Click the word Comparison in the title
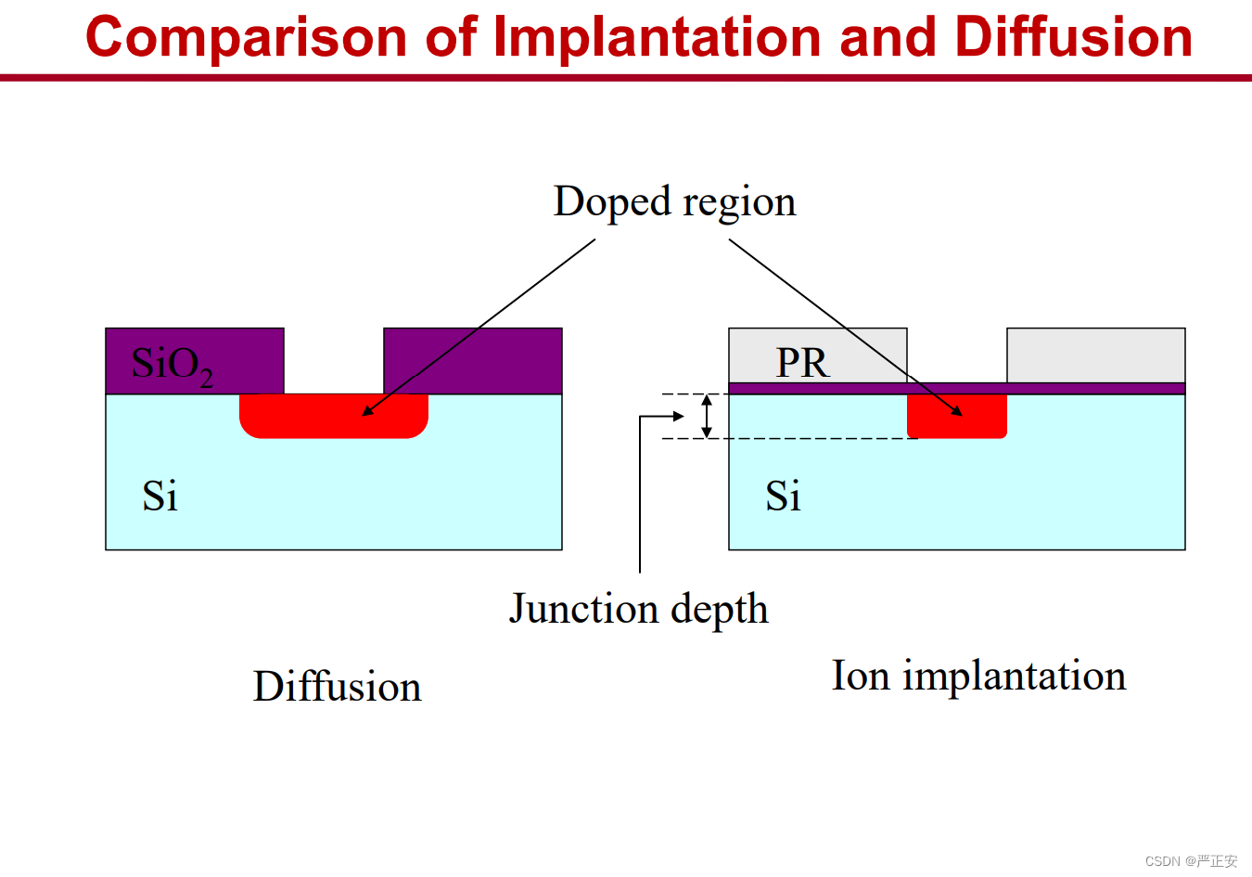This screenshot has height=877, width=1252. click(x=246, y=38)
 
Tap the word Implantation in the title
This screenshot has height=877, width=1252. click(x=657, y=38)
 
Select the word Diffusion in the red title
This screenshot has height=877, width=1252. click(x=1074, y=36)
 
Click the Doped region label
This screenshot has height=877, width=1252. click(x=674, y=202)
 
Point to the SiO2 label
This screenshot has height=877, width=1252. click(x=172, y=366)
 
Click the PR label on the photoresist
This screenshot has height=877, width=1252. click(x=802, y=363)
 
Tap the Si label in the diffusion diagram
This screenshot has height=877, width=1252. click(x=160, y=496)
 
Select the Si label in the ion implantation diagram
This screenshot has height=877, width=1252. click(x=783, y=496)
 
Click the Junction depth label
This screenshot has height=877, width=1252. click(x=639, y=610)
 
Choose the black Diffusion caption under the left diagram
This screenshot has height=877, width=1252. click(x=337, y=686)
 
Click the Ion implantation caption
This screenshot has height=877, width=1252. click(x=978, y=677)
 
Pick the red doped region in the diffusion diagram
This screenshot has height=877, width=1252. click(x=334, y=416)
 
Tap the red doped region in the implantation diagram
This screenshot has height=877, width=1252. click(x=957, y=416)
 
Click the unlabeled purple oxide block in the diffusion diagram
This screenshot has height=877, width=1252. click(x=473, y=361)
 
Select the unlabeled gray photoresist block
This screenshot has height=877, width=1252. click(x=1096, y=355)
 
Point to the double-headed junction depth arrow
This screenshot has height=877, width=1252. click(x=707, y=416)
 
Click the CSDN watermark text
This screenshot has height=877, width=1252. click(x=1191, y=861)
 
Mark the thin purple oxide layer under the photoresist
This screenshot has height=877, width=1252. click(x=957, y=389)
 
